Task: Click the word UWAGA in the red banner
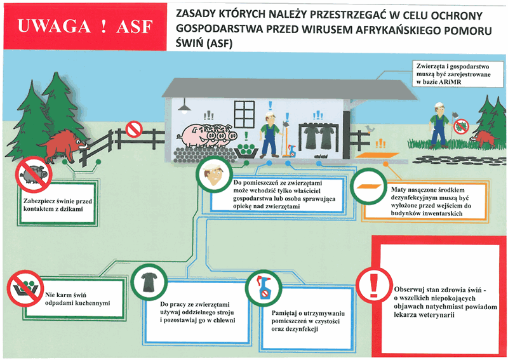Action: click(x=54, y=26)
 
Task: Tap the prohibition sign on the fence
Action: click(x=134, y=129)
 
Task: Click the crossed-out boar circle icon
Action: click(x=34, y=175)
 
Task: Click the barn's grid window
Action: click(x=244, y=114)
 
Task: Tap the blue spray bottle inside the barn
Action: click(x=292, y=150)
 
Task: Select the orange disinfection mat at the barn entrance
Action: click(x=377, y=155)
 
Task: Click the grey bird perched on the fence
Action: click(x=369, y=129)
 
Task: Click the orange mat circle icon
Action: click(x=369, y=187)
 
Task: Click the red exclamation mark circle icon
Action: click(x=374, y=286)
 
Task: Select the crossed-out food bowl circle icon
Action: click(x=25, y=288)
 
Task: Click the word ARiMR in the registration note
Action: click(x=450, y=83)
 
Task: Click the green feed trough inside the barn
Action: click(x=246, y=150)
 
